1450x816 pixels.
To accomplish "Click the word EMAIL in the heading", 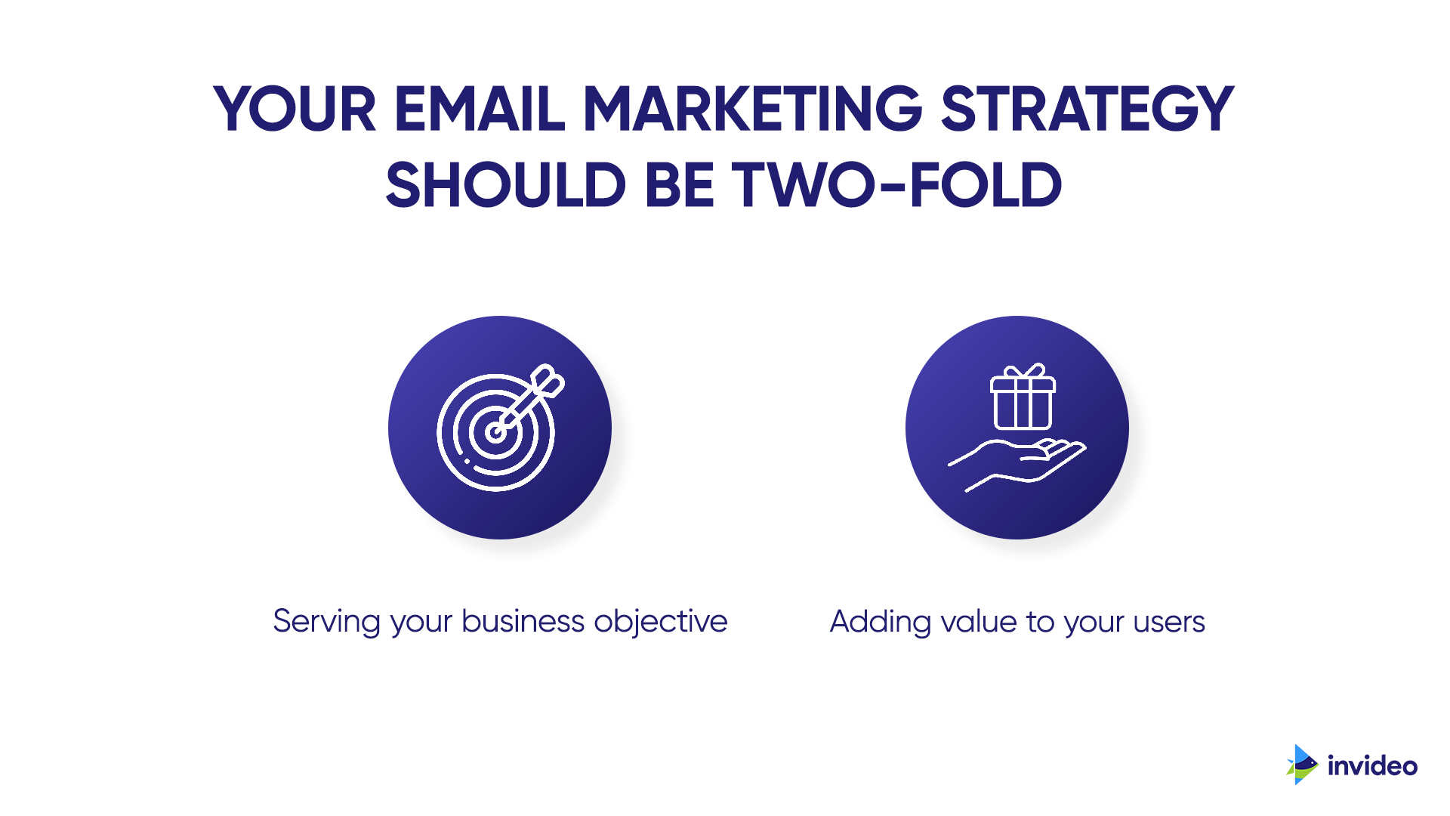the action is pos(480,109).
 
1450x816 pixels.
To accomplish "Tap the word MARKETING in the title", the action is pos(753,109).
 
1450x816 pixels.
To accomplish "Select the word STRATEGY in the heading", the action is pos(1087,109).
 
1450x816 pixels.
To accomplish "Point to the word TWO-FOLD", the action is pos(898,184).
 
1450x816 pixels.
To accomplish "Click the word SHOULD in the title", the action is pos(506,184).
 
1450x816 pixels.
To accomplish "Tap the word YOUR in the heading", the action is pos(295,109).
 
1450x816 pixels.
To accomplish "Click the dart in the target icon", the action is pos(529,400).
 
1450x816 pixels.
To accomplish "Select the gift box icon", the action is pos(1023,396).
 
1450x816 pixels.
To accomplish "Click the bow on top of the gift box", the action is pos(1024,370).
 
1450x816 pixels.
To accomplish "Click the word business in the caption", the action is pos(523,621).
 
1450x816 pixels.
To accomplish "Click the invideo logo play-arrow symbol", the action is pos(1302,765).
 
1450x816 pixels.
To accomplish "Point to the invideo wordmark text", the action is pos(1372,766).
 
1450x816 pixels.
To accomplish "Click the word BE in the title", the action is pos(679,184).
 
